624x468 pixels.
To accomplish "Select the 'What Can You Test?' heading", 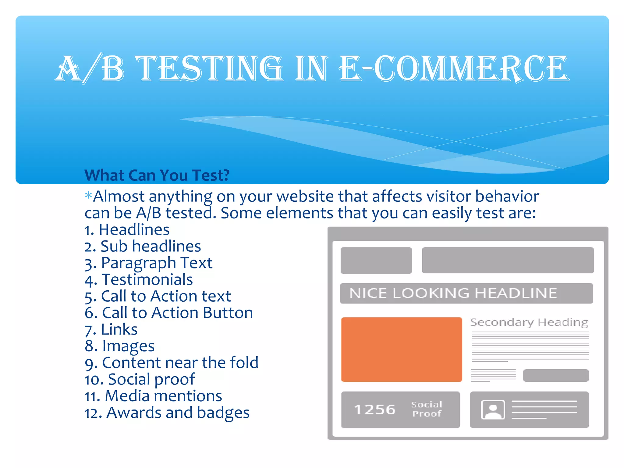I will point(157,175).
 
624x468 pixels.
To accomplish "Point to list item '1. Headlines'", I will point(127,229).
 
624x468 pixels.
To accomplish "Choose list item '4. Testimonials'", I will point(139,279).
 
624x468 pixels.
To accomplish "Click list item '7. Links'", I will point(111,329).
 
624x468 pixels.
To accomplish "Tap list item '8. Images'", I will point(119,346).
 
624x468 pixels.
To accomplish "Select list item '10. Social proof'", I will point(139,379).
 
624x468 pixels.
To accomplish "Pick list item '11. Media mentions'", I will point(153,396).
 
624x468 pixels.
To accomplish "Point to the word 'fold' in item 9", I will point(244,363).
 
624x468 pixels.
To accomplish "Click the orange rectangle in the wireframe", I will point(402,349).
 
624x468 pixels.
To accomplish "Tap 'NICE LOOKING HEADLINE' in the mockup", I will point(453,293).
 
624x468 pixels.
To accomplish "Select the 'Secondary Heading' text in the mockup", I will point(529,322).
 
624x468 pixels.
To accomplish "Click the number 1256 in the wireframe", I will point(375,409).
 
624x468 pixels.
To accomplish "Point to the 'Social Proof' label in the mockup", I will point(427,409).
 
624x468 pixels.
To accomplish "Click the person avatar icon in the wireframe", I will point(493,410).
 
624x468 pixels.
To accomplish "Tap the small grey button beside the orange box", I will point(556,375).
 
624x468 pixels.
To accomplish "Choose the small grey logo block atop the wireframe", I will point(376,260).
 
